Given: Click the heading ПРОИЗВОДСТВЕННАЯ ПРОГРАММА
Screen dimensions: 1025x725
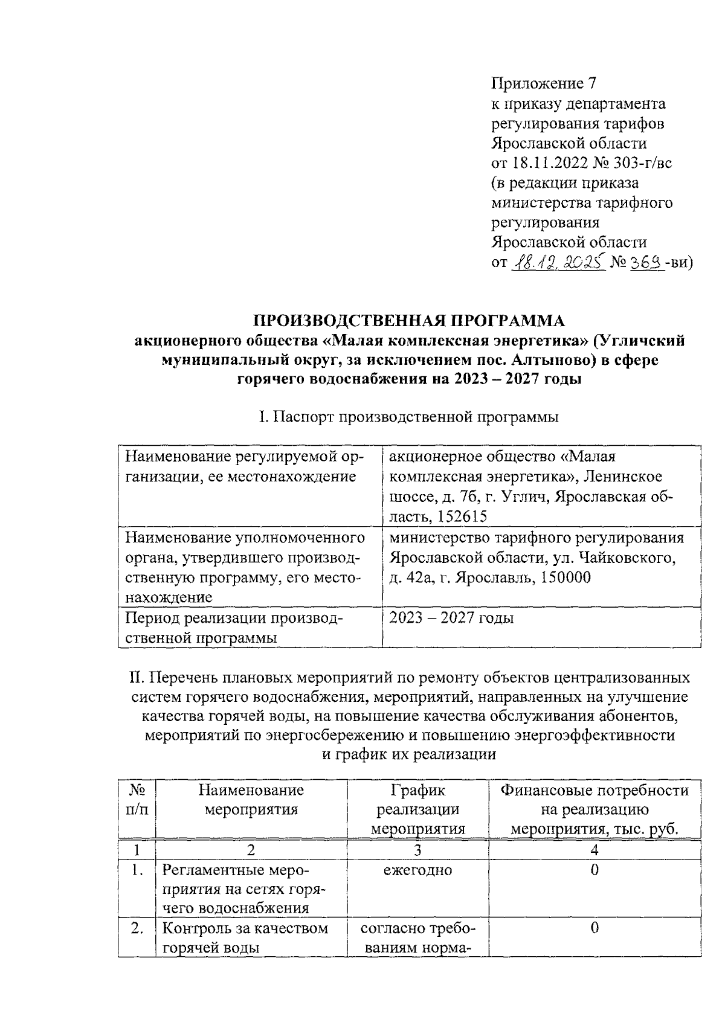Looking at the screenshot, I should (409, 320).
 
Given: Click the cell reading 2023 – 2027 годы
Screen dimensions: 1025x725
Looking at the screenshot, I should (451, 618).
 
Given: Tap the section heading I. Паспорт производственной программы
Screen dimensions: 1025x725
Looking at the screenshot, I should (409, 417).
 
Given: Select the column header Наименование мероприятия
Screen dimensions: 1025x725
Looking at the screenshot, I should (251, 800).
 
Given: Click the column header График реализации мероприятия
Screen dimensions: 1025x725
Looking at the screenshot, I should (417, 809).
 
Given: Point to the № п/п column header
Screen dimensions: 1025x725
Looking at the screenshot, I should (137, 800).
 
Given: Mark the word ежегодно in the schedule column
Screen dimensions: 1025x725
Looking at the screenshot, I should (417, 870).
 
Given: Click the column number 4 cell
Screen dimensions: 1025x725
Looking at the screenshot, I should (594, 850).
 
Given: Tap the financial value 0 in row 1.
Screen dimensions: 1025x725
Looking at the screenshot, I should (594, 870).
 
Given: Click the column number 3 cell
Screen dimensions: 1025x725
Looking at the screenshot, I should (417, 850).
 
